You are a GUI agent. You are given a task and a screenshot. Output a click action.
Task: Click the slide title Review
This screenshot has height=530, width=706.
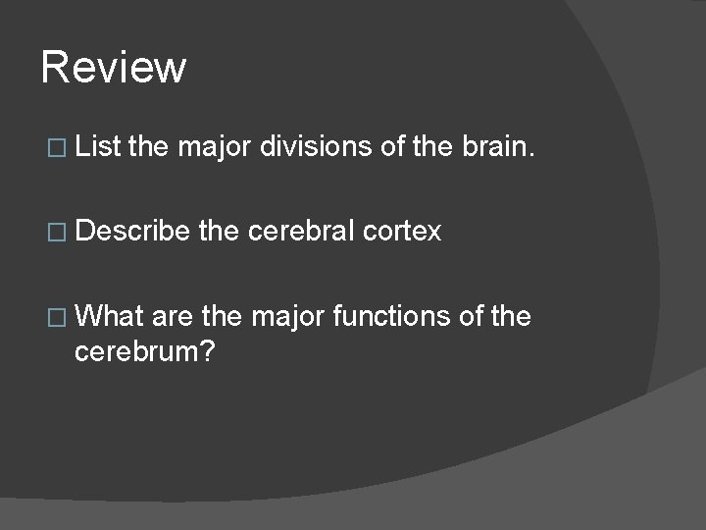(x=114, y=68)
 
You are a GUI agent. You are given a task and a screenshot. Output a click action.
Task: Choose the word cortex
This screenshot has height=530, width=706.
(x=402, y=232)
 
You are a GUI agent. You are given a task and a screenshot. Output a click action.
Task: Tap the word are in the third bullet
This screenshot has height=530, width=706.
(x=173, y=317)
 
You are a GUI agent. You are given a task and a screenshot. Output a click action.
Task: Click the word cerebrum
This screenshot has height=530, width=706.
(x=137, y=350)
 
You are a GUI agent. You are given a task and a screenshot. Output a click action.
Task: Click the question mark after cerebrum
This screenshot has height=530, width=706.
(x=207, y=350)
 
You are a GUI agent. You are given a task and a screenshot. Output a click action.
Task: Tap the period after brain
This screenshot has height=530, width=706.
(x=532, y=155)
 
